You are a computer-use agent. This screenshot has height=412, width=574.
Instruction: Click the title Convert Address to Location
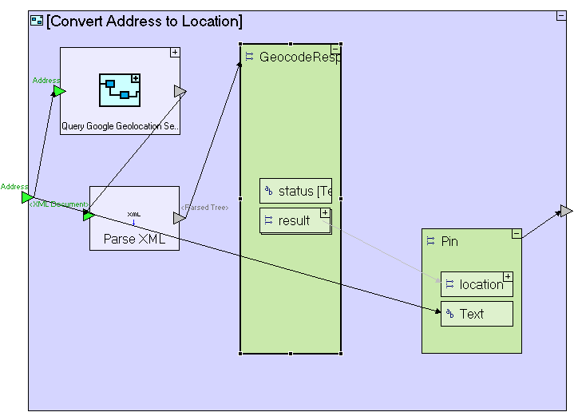pos(144,22)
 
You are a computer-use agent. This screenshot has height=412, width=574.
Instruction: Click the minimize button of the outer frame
pos(561,16)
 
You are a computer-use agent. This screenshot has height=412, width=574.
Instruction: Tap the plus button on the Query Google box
pos(175,53)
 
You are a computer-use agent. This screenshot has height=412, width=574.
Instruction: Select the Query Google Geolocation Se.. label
pos(121,126)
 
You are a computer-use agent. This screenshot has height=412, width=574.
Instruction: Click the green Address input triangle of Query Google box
pos(59,91)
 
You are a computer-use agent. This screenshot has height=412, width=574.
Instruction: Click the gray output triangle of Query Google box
pos(180,92)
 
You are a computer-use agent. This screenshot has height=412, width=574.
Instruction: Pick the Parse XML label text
pos(134,239)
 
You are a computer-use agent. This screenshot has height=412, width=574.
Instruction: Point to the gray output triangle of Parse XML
pos(179,218)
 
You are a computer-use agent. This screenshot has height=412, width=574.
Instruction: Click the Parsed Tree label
pos(204,208)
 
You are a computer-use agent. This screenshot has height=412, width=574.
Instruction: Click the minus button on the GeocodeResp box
pos(335,50)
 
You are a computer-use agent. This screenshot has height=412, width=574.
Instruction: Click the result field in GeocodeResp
pos(294,220)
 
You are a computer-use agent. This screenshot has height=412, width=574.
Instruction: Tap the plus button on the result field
pos(325,212)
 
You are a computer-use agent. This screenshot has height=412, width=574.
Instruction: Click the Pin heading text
pos(450,241)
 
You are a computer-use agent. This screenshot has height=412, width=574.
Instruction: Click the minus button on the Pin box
pos(517,234)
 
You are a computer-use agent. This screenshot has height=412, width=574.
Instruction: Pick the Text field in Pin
pos(477,314)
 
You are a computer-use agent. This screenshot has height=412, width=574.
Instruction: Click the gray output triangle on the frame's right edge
pos(566,211)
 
